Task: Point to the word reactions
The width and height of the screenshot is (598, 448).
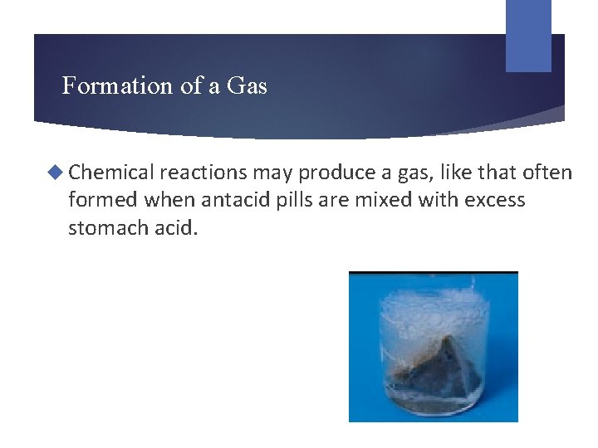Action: (x=203, y=173)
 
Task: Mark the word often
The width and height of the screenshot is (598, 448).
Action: (x=547, y=173)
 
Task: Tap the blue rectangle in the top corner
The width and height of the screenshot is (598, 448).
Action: (x=528, y=36)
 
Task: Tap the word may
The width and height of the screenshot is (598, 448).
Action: (x=273, y=173)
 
